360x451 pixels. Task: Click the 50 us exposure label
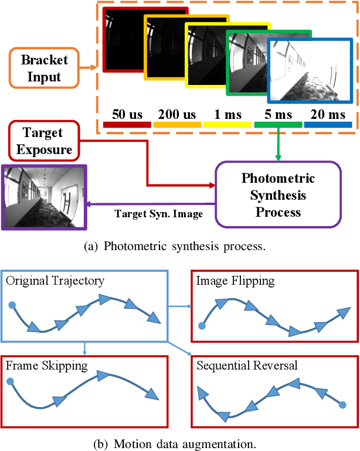coord(127,115)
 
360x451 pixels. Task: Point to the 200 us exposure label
coord(178,115)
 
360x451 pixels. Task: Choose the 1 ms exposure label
coord(227,115)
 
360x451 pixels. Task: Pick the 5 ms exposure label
coord(278,115)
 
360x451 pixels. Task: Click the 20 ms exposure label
coord(328,115)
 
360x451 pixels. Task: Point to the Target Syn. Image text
coord(158,214)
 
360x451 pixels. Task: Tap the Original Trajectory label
coord(55,281)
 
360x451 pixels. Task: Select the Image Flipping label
coord(236,281)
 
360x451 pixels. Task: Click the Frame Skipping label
coord(47,365)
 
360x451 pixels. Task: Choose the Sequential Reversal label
coord(247,365)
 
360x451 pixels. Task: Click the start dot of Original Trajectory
coord(11,305)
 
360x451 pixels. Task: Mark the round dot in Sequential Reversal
coord(342,404)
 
